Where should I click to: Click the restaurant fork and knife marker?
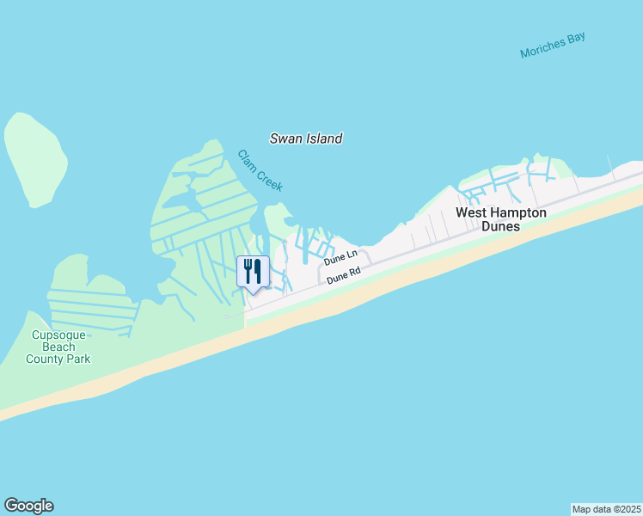(253, 272)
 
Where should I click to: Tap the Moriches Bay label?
(553, 47)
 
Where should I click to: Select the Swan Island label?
(306, 138)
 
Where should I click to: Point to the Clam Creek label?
(260, 170)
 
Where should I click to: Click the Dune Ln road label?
(340, 257)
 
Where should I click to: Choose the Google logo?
(28, 506)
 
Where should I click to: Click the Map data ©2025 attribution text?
(606, 508)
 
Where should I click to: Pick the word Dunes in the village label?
(500, 226)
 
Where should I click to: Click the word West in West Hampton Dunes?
(473, 212)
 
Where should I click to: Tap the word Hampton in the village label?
(520, 212)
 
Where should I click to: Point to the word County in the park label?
(43, 359)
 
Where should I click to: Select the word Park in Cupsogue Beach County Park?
(77, 359)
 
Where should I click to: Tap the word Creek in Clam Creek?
(268, 178)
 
